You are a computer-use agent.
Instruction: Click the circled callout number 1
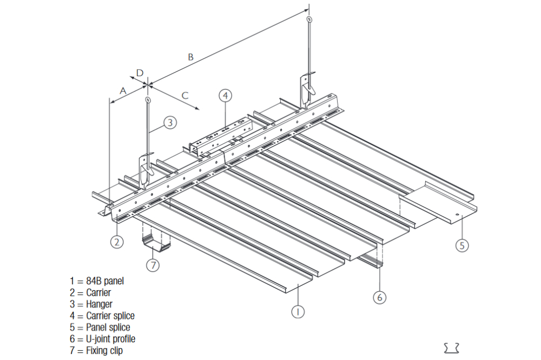point(296,311)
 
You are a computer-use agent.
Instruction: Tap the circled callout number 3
point(170,123)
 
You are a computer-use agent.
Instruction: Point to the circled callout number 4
point(226,95)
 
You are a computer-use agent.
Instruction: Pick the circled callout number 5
point(461,245)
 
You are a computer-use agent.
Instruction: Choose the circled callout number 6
point(380,297)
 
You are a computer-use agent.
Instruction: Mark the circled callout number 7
point(154,265)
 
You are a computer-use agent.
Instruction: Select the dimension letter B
point(190,56)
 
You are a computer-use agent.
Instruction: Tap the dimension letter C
point(184,96)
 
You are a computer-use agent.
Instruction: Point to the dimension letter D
point(140,72)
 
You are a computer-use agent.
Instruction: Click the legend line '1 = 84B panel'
point(97,281)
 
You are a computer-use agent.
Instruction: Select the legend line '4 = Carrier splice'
point(102,316)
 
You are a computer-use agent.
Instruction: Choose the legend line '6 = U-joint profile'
point(103,339)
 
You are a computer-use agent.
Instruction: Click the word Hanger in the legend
point(99,304)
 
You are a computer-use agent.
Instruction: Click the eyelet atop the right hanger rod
point(309,20)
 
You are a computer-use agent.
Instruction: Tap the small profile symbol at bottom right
point(451,347)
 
